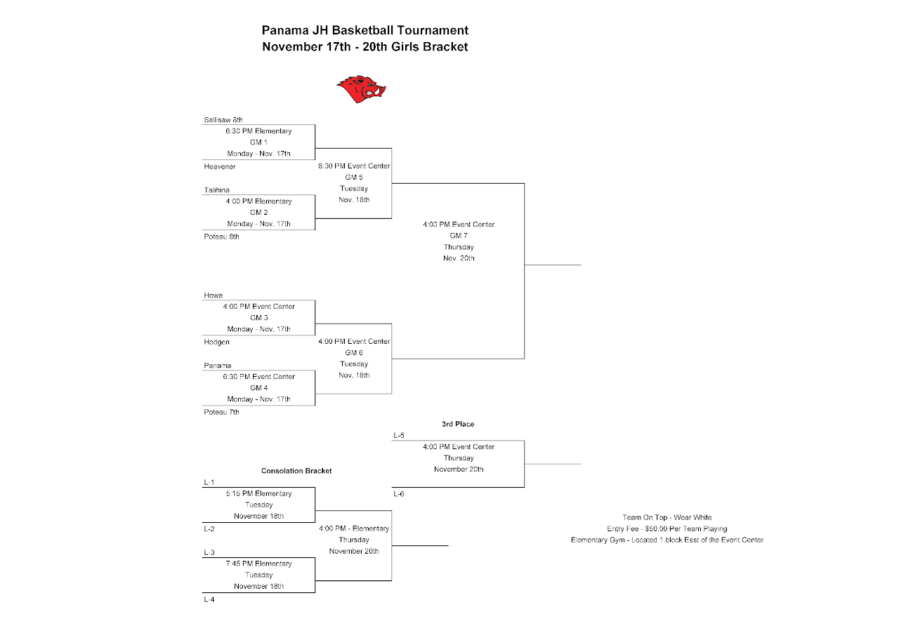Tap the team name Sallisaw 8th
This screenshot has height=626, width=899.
(223, 120)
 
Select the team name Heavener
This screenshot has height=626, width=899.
(220, 166)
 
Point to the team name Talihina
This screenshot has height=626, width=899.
(216, 190)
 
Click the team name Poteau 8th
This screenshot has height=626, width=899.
(221, 237)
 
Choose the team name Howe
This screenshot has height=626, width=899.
(213, 295)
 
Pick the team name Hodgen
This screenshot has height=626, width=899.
(216, 342)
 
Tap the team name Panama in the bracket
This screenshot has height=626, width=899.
(217, 366)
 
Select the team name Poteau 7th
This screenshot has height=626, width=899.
(221, 412)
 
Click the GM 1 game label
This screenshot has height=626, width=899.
(258, 142)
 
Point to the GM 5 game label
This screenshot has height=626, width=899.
(354, 178)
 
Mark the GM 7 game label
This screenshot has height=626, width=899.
(459, 236)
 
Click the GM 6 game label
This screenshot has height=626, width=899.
(354, 353)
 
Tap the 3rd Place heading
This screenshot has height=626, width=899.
(458, 425)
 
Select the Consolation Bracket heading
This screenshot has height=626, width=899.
(296, 471)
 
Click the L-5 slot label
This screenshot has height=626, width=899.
(399, 436)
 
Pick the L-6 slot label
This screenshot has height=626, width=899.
(399, 494)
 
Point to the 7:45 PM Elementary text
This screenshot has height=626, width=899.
(258, 564)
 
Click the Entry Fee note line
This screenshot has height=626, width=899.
(667, 528)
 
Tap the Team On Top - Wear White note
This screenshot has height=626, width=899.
(667, 517)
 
